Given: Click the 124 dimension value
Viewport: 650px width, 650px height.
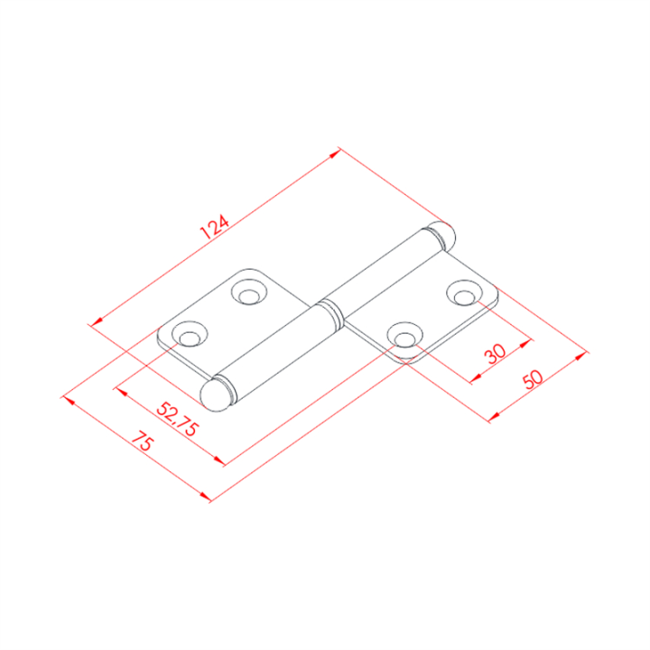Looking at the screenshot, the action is [214, 227].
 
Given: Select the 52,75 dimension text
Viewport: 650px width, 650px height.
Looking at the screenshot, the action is [178, 419].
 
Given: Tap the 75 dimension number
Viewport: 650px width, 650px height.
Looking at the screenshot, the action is [143, 441].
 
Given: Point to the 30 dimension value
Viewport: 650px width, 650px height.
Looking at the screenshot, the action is [496, 353].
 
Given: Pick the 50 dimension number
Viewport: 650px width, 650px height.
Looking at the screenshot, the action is [534, 379].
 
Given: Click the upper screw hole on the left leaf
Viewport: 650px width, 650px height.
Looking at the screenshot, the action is [249, 292].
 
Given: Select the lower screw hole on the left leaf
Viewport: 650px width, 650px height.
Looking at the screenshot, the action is [190, 334].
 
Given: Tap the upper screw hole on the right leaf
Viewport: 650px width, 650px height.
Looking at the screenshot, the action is [464, 293].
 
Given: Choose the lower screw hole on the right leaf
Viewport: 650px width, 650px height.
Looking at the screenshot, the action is [405, 335].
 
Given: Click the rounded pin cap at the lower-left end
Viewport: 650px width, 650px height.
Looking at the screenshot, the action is [214, 395].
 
